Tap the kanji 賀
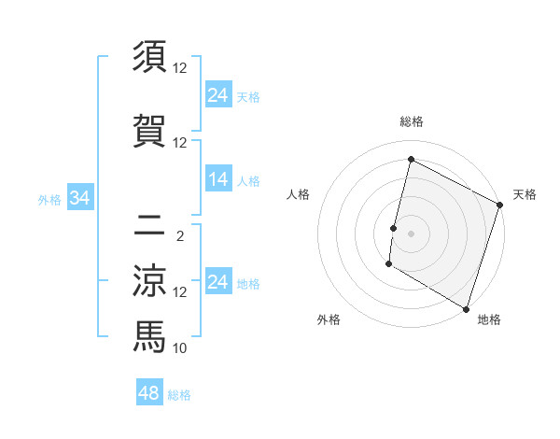point(149,132)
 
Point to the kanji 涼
point(149,280)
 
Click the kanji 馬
point(149,334)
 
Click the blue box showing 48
point(148,393)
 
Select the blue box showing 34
point(79,198)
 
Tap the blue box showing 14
point(218,180)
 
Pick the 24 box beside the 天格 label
point(218,95)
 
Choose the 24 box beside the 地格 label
point(218,283)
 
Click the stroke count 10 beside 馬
point(181,348)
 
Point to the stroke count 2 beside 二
point(179,236)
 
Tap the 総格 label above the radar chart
point(411,121)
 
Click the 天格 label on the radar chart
point(525,194)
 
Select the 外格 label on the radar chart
point(329,319)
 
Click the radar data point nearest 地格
point(466,308)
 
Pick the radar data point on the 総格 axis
point(411,160)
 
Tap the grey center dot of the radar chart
point(411,233)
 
